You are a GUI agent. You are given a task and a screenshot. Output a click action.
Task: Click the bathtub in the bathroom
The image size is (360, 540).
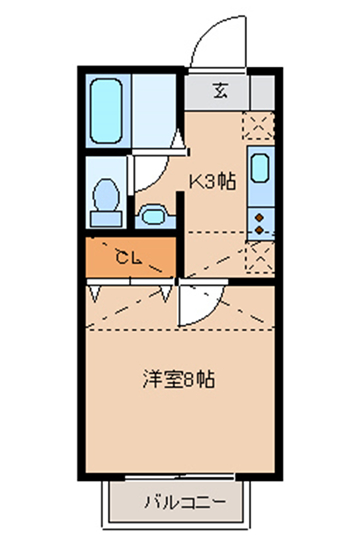[106, 111]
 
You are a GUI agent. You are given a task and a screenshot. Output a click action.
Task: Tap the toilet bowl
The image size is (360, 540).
[106, 195]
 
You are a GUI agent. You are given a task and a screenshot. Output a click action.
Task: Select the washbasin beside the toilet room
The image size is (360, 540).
[154, 216]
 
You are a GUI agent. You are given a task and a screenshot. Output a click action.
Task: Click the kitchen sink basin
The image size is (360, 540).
[260, 168]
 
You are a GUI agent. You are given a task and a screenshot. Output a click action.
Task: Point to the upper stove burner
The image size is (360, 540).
[259, 217]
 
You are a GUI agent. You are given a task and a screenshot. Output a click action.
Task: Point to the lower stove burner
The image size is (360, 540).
[259, 229]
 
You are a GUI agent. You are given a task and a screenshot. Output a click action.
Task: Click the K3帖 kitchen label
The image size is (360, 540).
[213, 181]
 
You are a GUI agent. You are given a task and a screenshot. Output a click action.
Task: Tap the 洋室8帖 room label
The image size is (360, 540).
[179, 379]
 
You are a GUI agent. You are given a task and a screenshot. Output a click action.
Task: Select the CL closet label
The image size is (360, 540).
[128, 257]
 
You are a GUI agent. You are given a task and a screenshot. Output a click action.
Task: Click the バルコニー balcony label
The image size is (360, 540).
[185, 502]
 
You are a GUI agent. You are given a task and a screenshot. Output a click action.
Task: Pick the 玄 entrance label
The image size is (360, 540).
[220, 91]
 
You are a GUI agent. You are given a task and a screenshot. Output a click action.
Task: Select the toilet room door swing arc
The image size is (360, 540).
[159, 180]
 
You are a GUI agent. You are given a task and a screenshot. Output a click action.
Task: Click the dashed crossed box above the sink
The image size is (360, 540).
[258, 125]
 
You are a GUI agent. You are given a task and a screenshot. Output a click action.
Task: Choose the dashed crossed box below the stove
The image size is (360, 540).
[260, 257]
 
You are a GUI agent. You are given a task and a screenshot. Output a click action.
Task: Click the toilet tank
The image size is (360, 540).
[106, 219]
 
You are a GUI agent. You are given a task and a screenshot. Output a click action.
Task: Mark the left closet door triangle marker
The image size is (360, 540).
[95, 293]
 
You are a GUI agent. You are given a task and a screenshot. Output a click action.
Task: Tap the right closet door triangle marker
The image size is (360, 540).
[166, 293]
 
